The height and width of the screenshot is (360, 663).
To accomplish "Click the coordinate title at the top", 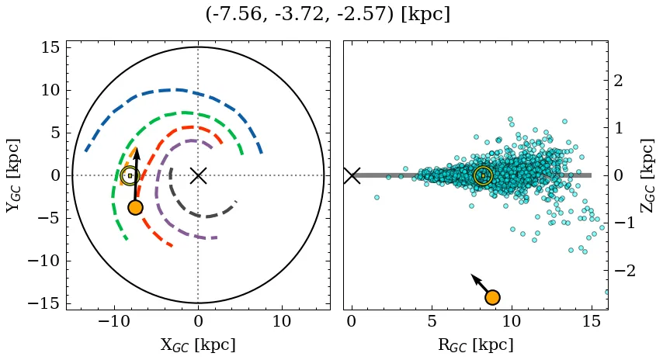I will [328, 15].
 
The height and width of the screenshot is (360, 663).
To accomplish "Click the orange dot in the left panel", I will [135, 207].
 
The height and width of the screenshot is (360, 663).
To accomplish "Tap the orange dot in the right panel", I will [491, 297].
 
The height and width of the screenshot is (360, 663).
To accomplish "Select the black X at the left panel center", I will [198, 175].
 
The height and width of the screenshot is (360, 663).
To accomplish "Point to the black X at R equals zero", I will [352, 175].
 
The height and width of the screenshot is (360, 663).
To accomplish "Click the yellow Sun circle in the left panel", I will [130, 175].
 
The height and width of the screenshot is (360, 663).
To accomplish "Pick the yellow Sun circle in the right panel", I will [483, 175].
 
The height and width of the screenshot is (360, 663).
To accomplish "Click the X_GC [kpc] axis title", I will [198, 344].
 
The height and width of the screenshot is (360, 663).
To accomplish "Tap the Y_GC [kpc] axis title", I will [12, 175].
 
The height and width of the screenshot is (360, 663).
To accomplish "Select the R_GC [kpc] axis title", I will [475, 344].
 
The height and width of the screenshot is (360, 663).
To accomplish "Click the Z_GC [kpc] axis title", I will [649, 175].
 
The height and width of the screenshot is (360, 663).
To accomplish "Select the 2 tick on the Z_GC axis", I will [619, 81].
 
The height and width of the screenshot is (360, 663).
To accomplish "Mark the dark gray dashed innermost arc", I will [203, 216].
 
